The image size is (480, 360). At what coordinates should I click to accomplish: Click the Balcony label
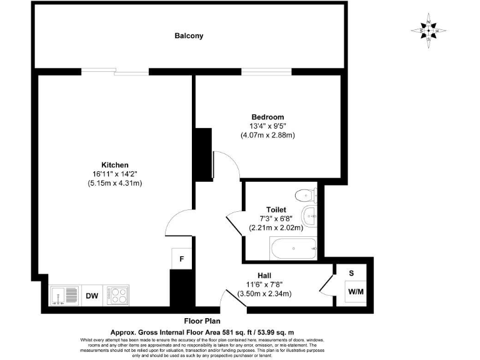[x=189, y=36]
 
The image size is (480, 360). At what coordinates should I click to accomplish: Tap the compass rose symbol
[x=429, y=31]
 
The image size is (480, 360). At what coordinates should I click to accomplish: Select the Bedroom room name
[x=267, y=117]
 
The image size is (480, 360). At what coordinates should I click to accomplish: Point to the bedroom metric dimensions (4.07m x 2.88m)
[x=267, y=134]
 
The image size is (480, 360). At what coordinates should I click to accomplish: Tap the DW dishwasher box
[x=91, y=295]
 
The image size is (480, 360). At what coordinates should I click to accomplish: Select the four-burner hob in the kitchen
[x=117, y=294]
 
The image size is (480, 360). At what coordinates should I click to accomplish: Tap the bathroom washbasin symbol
[x=309, y=217]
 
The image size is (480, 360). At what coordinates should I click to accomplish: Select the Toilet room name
[x=276, y=209]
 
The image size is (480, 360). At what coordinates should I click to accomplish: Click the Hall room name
[x=264, y=275]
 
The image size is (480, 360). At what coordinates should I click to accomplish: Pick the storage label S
[x=351, y=272]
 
